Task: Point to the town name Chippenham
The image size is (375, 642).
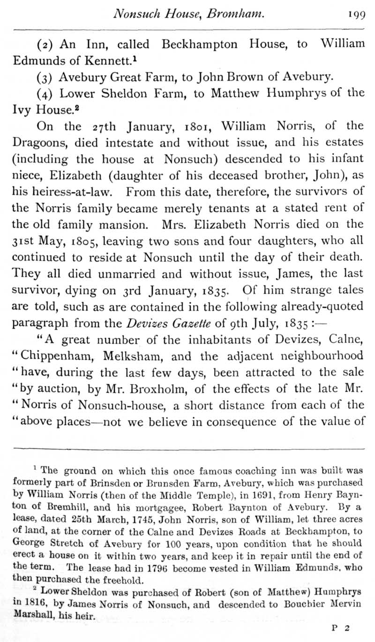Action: click(x=51, y=357)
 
